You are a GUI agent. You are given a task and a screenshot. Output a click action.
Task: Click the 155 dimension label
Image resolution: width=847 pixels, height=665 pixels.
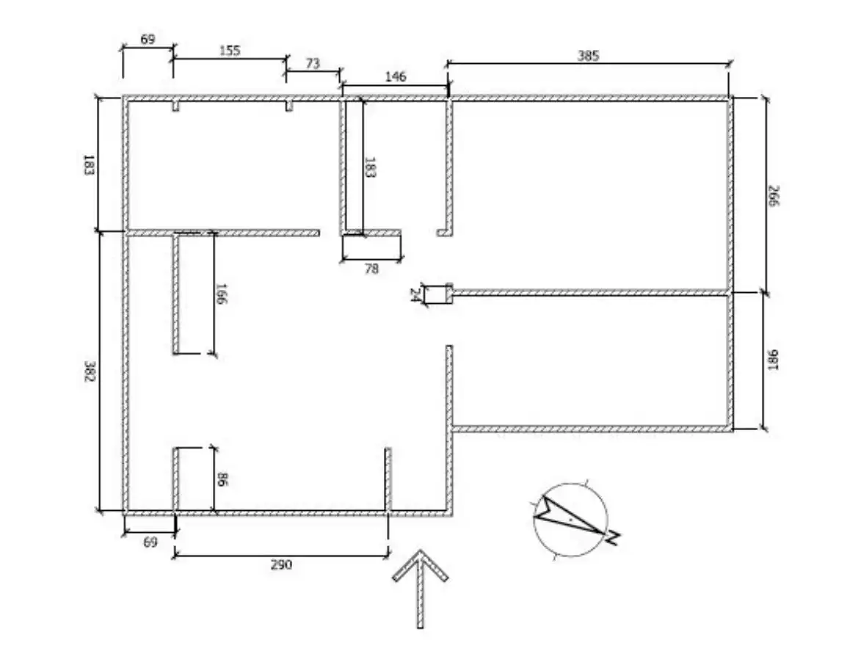(230, 51)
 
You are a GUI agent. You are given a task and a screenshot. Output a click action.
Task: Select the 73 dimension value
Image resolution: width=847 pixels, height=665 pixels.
(313, 64)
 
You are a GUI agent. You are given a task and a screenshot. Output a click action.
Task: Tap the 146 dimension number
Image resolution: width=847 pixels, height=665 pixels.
(396, 77)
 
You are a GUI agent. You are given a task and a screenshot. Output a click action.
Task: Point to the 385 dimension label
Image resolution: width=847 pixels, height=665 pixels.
(588, 56)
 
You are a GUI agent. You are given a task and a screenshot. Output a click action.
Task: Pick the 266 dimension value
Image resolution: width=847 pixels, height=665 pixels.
(774, 195)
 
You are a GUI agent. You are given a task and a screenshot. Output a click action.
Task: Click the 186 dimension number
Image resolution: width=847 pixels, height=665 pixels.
(774, 360)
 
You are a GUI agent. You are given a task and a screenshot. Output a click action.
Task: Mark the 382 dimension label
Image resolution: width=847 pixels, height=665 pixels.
(90, 371)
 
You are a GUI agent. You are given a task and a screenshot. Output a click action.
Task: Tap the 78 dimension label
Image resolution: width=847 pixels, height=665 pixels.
(371, 269)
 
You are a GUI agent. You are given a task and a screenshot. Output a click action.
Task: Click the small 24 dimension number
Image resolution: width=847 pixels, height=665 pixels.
(415, 295)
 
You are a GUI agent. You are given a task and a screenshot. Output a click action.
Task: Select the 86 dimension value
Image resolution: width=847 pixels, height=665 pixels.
(222, 479)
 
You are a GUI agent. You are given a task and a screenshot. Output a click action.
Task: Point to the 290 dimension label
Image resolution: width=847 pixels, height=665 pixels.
(281, 564)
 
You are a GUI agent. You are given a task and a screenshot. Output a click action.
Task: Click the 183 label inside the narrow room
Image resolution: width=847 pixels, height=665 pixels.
(371, 167)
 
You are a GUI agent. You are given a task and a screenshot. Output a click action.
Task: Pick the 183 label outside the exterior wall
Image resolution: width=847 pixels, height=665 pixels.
(89, 164)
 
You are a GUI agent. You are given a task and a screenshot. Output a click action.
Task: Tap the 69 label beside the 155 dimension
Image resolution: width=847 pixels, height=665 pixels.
(148, 40)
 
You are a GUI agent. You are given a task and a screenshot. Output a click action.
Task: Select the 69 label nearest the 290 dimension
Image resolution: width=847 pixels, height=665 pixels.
(150, 542)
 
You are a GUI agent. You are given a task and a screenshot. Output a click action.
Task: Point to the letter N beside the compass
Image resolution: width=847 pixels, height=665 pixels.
(614, 537)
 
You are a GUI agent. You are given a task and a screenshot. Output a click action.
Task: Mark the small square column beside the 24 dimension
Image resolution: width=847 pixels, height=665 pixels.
(449, 294)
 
